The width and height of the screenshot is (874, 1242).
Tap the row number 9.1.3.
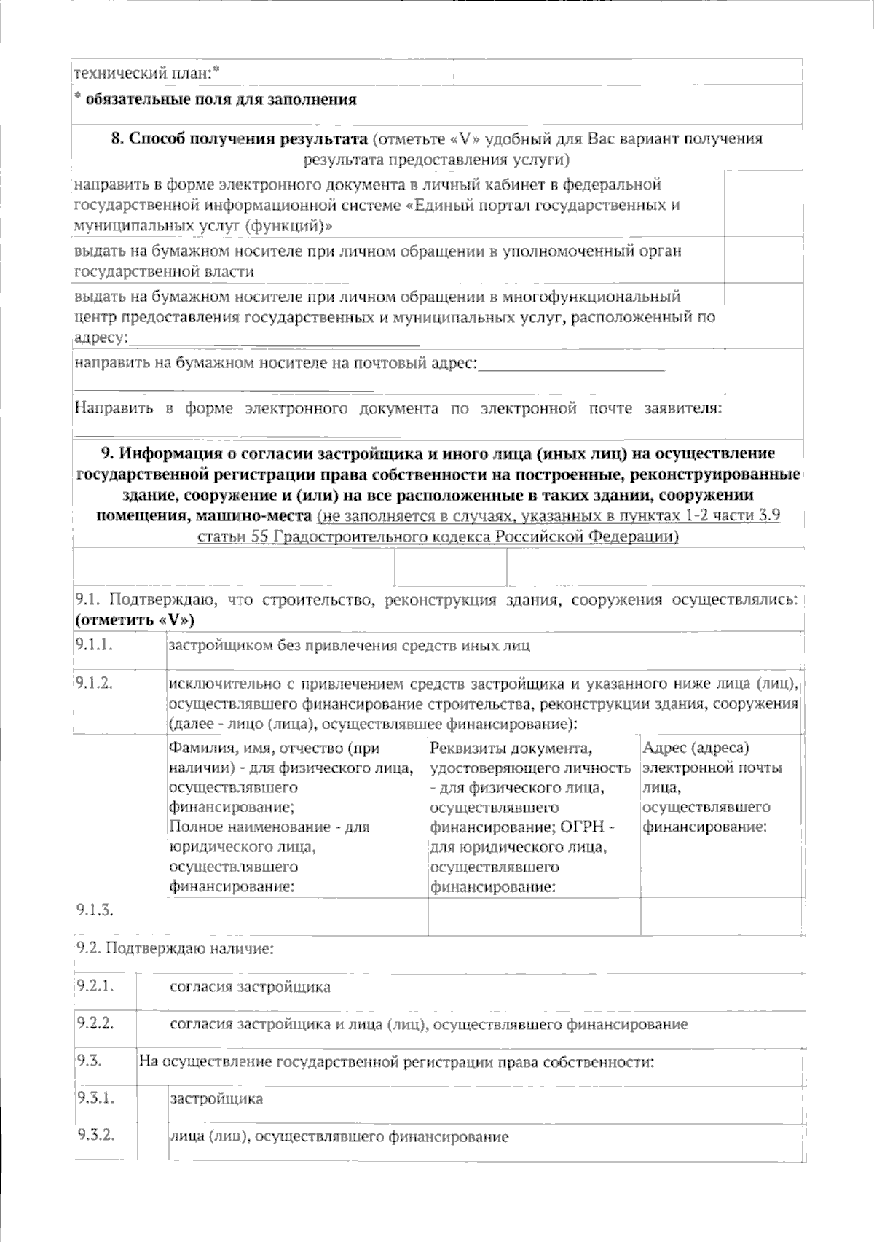95,910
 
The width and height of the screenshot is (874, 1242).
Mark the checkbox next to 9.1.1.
151,647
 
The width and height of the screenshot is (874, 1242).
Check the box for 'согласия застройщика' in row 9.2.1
151,989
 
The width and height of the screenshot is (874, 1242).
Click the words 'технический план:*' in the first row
146,73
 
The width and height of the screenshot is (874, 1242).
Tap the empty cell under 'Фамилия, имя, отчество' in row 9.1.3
297,916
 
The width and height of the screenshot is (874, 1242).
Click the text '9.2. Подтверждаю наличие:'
175,949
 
